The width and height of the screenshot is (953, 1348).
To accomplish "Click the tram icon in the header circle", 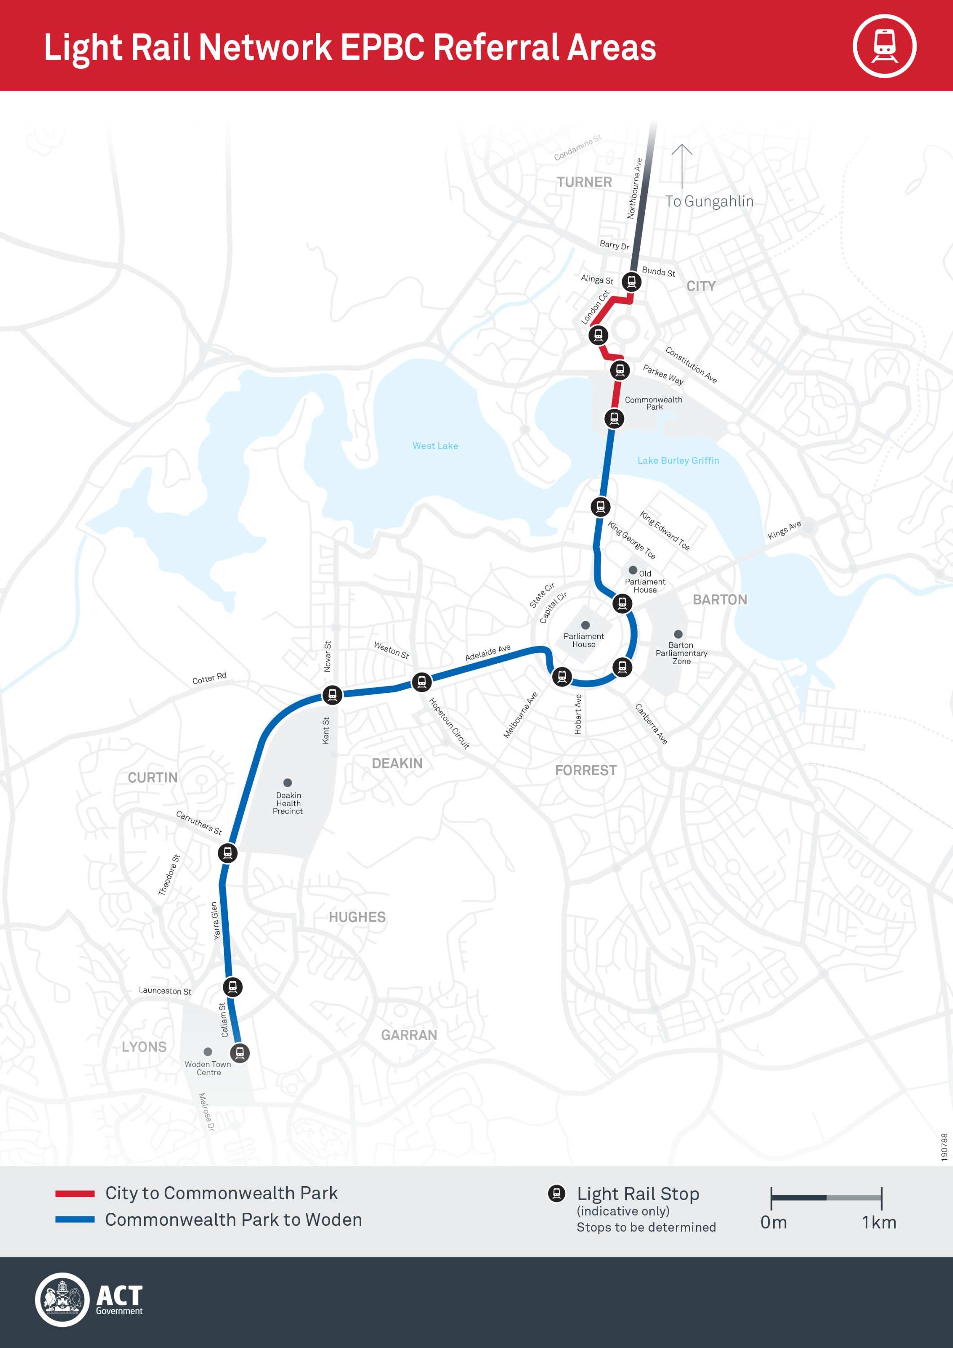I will (884, 46).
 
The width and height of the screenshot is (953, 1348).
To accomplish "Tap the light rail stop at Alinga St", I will (631, 282).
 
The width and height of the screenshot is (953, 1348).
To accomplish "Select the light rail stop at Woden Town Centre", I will (239, 1053).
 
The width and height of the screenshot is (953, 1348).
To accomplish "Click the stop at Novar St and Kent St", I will (332, 695).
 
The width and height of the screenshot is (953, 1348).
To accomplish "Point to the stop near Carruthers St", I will (228, 852).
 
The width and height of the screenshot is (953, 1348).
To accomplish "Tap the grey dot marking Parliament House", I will (585, 625).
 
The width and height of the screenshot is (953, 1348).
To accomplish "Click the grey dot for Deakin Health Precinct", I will (288, 783).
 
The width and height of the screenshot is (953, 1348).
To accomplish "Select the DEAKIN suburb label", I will (397, 763).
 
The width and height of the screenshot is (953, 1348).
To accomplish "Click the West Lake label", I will (435, 446).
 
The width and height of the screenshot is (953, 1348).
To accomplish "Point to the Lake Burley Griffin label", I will (678, 460).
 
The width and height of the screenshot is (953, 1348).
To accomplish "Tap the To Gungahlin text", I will (709, 201).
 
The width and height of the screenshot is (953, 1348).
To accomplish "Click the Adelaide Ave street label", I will (488, 652).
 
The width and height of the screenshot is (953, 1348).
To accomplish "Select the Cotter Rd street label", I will (209, 678).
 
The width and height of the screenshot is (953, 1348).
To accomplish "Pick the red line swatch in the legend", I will (75, 1193).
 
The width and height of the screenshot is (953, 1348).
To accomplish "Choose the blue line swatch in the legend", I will (75, 1219).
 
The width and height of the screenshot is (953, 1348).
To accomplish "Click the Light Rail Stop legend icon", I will (556, 1193).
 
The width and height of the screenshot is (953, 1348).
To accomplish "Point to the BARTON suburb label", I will (720, 599).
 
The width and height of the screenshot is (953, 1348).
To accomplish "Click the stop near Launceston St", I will (233, 987).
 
